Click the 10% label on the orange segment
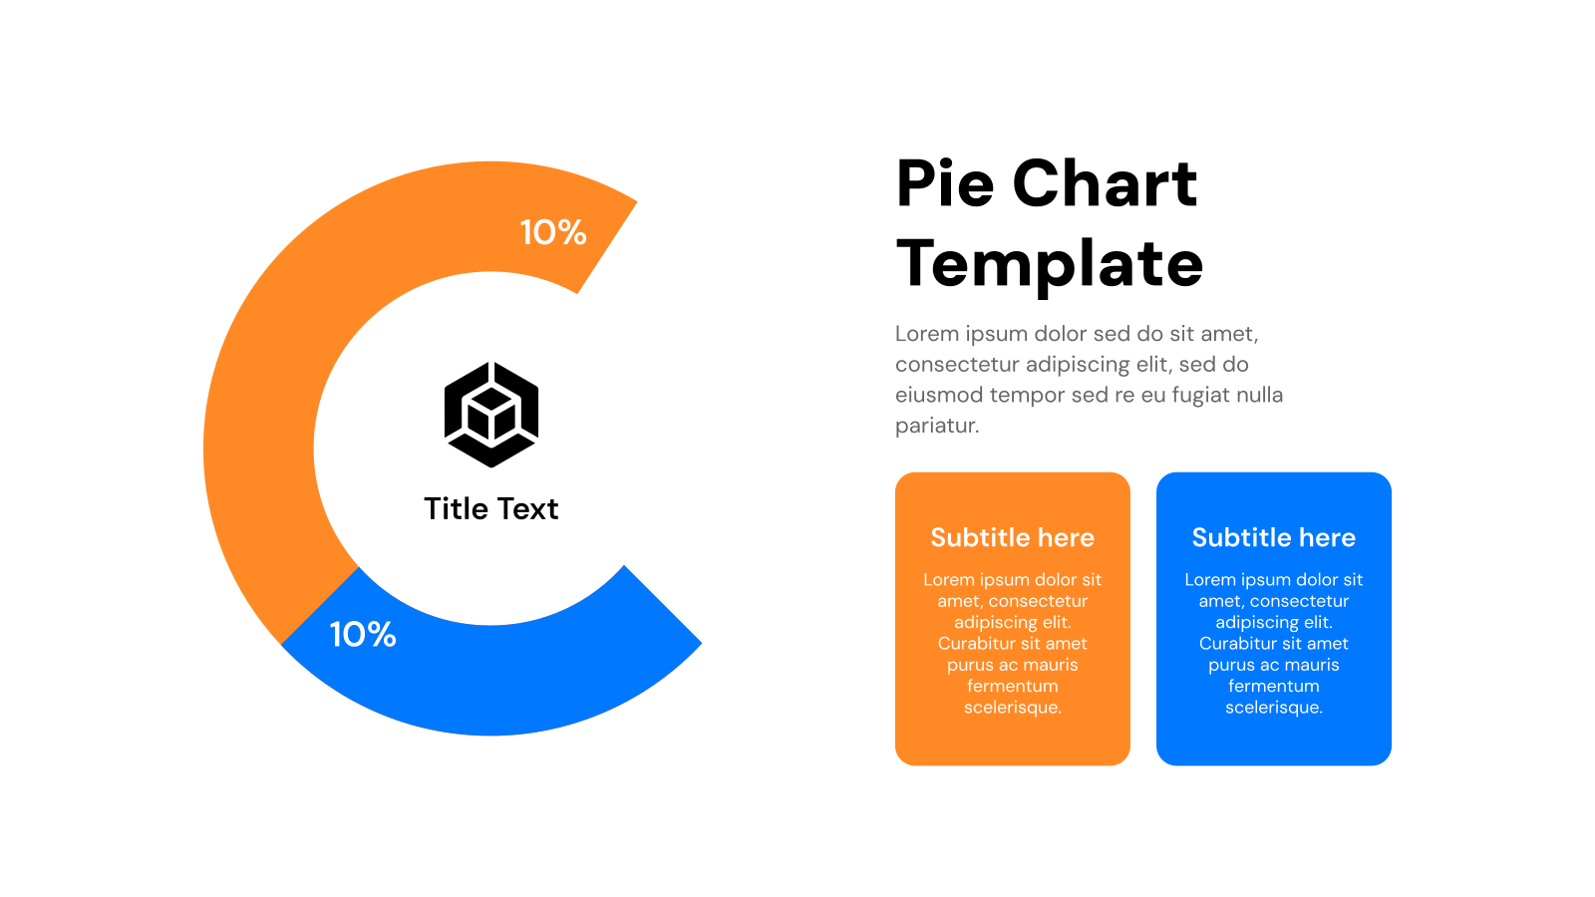click(553, 232)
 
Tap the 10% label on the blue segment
click(363, 634)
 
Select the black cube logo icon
click(491, 415)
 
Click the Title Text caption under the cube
click(491, 508)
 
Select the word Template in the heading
click(1050, 264)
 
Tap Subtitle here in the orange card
click(1012, 537)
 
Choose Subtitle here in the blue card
click(1273, 537)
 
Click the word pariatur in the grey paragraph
click(937, 426)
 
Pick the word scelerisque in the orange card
click(1012, 708)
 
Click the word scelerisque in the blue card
click(1273, 708)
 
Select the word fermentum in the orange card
click(1012, 686)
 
